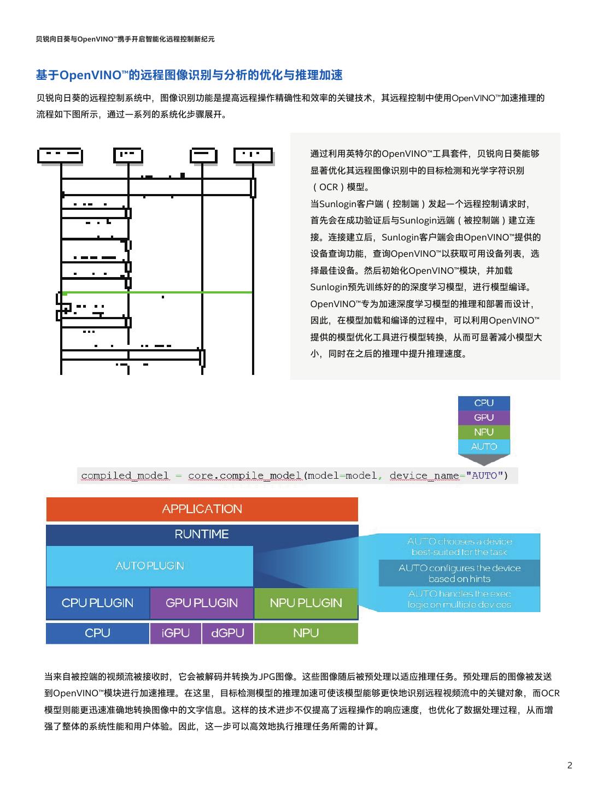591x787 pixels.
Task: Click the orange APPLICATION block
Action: click(202, 509)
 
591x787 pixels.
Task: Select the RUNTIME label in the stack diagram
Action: click(202, 535)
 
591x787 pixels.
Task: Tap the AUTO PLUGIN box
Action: click(149, 566)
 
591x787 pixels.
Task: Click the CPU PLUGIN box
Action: click(97, 603)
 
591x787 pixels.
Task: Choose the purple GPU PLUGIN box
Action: click(202, 603)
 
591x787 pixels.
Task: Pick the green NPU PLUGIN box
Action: click(306, 603)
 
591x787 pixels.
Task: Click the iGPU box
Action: click(175, 633)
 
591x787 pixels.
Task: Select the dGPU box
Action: click(227, 633)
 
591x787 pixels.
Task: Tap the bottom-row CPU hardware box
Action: click(97, 633)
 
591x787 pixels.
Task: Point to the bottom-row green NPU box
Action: click(306, 633)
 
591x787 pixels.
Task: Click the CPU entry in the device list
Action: click(484, 403)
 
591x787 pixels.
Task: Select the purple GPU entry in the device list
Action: click(484, 418)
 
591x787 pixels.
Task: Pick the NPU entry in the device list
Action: click(484, 432)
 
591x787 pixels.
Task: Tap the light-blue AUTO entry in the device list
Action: click(484, 447)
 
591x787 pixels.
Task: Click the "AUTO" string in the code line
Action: click(484, 476)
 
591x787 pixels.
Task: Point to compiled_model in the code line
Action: click(125, 476)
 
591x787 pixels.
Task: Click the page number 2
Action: click(570, 765)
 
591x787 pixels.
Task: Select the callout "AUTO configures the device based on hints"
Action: click(459, 573)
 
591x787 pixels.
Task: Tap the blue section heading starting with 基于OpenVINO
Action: click(189, 75)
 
